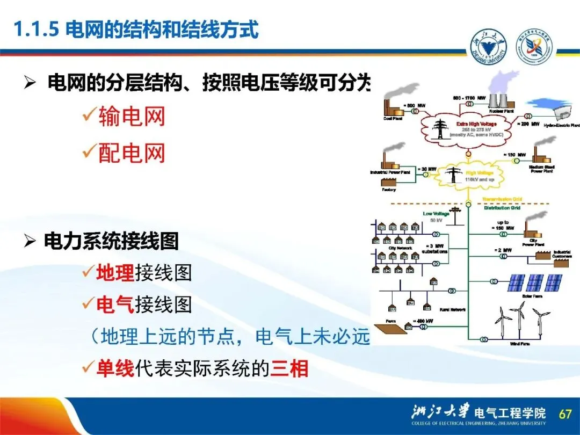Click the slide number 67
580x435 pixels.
(565, 414)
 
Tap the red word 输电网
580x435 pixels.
(132, 117)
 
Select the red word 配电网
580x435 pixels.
(132, 154)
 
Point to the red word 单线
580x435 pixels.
(114, 369)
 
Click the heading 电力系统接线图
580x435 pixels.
(111, 242)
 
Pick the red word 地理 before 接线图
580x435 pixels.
(115, 273)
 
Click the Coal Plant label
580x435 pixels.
(393, 119)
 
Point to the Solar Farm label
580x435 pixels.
(533, 295)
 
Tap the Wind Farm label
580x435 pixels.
(519, 344)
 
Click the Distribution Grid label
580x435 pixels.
(502, 207)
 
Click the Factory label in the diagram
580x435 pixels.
(388, 190)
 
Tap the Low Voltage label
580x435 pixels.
(436, 213)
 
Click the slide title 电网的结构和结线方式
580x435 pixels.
(162, 29)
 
